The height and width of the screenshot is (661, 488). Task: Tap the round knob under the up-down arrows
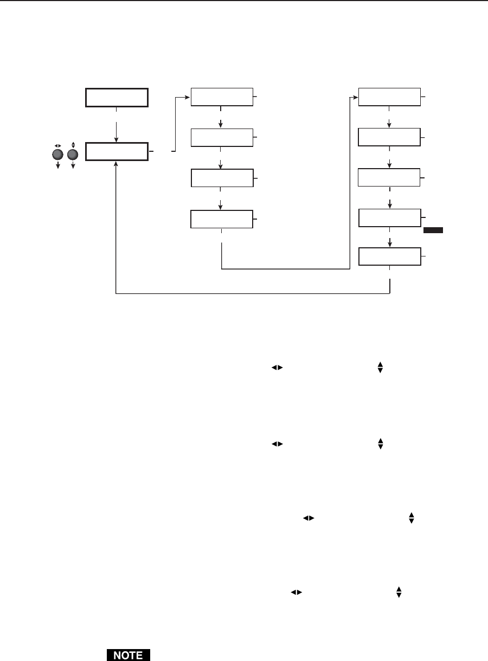(72, 155)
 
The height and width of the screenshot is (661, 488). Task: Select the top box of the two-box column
(116, 98)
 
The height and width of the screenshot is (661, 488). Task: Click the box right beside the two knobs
(116, 152)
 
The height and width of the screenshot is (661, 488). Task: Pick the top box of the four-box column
(222, 97)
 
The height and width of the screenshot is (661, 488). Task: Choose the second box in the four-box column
(222, 138)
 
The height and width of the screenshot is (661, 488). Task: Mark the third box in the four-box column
(222, 178)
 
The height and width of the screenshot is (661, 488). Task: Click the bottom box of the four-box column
(222, 219)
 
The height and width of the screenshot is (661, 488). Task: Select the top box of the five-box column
(389, 97)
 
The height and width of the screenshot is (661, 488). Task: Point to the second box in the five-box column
(389, 138)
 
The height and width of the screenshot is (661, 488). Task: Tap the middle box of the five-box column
(389, 178)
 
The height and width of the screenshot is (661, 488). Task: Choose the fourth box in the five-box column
(389, 218)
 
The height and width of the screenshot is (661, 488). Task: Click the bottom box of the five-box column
(389, 256)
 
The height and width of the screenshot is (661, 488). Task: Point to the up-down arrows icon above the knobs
(72, 145)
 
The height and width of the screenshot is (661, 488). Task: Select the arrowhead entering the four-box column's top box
(188, 98)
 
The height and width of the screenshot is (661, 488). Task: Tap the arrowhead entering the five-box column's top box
(355, 98)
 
